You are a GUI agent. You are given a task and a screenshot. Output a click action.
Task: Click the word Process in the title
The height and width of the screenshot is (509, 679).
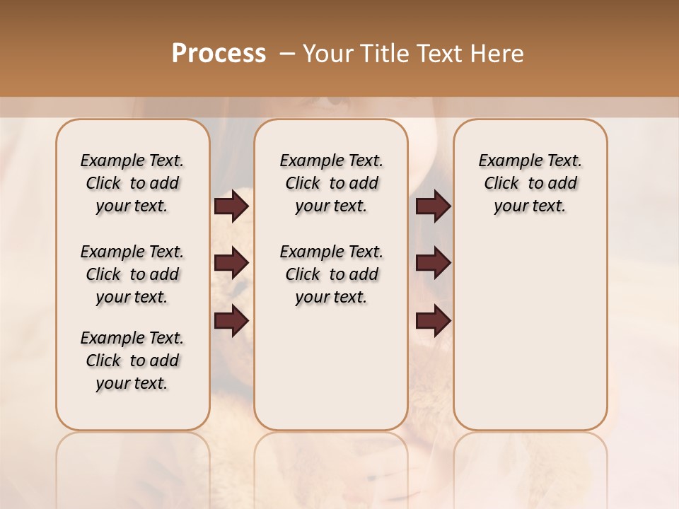pyautogui.click(x=219, y=53)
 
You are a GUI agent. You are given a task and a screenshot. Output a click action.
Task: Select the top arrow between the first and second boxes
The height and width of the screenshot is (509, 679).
pyautogui.click(x=231, y=206)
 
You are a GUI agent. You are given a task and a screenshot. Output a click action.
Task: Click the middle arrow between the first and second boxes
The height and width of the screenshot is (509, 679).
pyautogui.click(x=231, y=264)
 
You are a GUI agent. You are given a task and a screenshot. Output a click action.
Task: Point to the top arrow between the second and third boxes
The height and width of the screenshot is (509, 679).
pyautogui.click(x=433, y=206)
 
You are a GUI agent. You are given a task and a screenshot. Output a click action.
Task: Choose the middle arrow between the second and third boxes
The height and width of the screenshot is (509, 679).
pyautogui.click(x=433, y=264)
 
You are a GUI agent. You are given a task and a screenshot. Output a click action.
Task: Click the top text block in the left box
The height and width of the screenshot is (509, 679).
pyautogui.click(x=132, y=183)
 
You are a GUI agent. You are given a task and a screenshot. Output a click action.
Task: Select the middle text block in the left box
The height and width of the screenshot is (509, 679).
pyautogui.click(x=132, y=274)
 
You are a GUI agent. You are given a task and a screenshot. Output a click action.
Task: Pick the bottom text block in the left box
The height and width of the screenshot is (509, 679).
pyautogui.click(x=132, y=361)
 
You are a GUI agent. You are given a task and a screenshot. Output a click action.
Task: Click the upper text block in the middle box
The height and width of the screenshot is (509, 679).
pyautogui.click(x=331, y=183)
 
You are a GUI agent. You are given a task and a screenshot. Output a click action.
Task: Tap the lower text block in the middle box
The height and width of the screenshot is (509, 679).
pyautogui.click(x=331, y=274)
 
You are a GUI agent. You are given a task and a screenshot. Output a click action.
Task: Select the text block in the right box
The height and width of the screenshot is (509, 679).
pyautogui.click(x=530, y=183)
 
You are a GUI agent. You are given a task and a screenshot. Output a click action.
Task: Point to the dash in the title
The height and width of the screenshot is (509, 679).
pyautogui.click(x=287, y=54)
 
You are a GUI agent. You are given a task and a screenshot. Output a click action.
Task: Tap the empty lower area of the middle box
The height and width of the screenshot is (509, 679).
pyautogui.click(x=331, y=368)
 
